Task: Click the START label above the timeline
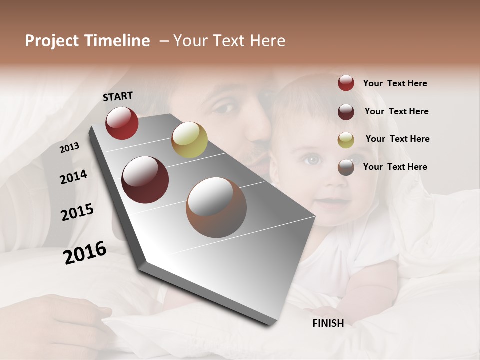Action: pos(118,96)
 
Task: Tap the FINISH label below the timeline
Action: pos(328,323)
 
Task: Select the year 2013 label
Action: pos(70,148)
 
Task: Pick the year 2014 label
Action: pos(73,177)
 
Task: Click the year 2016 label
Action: pos(85,253)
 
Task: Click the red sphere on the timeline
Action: pos(122,123)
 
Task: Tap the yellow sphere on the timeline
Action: pos(189,140)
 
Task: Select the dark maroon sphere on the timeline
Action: pos(145,180)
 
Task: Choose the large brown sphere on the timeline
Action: pos(216,207)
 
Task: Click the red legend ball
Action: pos(346,83)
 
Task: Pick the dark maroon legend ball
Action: pos(346,112)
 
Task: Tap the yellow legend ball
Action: pos(346,140)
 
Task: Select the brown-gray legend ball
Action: pos(346,167)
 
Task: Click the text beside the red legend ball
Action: pos(395,84)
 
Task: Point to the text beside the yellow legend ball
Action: pos(397,139)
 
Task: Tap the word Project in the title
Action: pos(52,41)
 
